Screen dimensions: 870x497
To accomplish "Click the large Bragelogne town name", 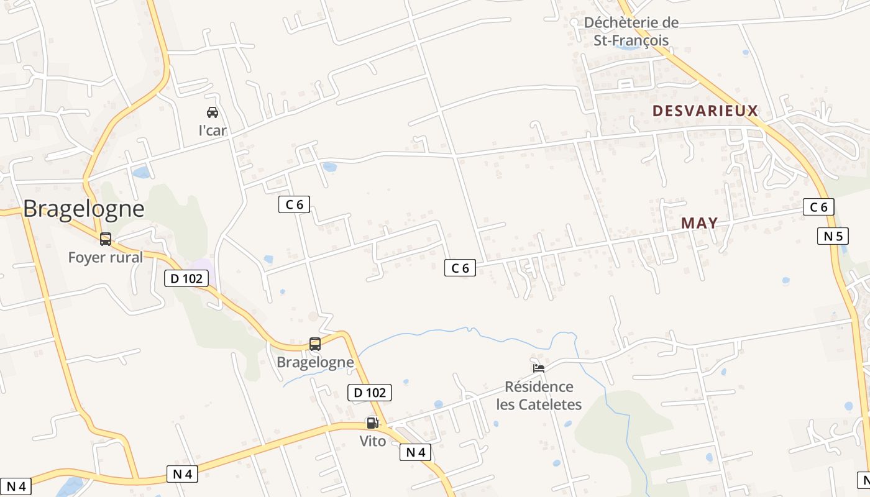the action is [x=84, y=209].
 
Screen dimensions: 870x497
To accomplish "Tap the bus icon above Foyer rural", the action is [x=106, y=239].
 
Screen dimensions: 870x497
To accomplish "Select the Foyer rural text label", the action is [x=106, y=257].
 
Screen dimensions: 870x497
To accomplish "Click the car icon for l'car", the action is [x=213, y=112].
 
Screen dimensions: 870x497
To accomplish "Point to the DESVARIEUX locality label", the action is [x=705, y=111].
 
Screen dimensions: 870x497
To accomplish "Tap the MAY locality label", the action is [x=699, y=222].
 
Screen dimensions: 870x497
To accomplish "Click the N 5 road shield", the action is [x=832, y=236].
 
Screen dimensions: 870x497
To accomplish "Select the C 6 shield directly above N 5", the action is [x=818, y=207].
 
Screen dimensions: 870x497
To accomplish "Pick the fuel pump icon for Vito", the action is [x=372, y=423].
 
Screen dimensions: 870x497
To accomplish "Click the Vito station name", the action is [x=372, y=441].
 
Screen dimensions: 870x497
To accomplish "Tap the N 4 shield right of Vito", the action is [x=415, y=452].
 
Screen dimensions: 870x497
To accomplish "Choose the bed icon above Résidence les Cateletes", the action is [x=539, y=368].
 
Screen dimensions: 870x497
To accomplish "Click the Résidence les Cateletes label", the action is [x=539, y=396].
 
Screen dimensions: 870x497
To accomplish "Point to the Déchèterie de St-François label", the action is [x=631, y=32].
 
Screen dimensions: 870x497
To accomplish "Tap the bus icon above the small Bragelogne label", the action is [x=315, y=344].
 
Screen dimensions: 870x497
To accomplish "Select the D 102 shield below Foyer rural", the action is [x=186, y=278].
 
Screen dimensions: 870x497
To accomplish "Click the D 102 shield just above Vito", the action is [x=369, y=393].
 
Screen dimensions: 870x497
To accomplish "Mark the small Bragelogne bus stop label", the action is [x=315, y=362].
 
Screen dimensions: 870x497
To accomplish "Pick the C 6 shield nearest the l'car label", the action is [x=294, y=204].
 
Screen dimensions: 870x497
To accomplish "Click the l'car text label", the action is [x=213, y=130].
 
